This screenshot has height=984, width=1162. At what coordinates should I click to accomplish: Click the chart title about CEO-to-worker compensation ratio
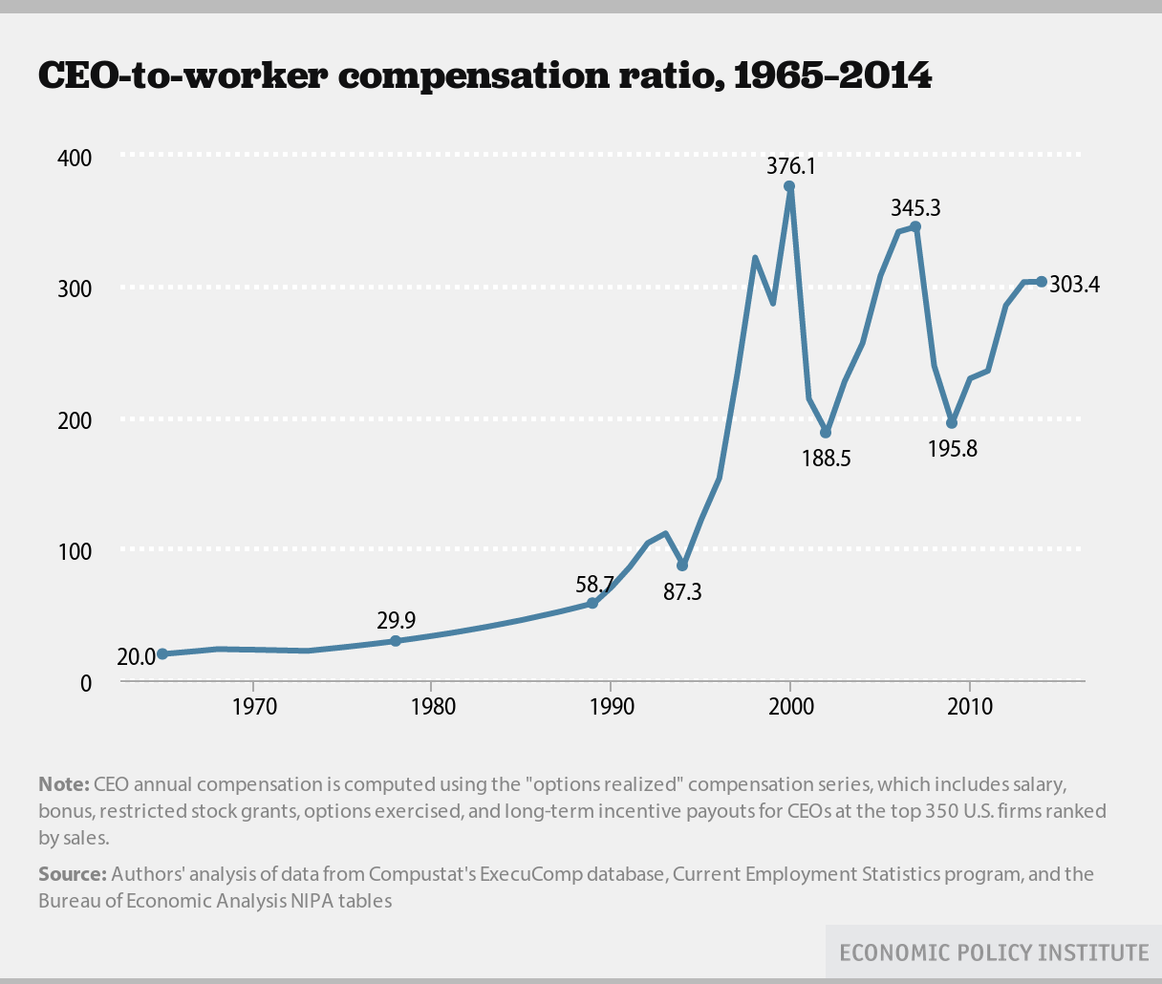click(x=484, y=75)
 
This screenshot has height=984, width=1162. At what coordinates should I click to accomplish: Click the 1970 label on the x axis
click(x=252, y=708)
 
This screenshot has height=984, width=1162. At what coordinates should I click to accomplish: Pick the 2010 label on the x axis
click(x=970, y=708)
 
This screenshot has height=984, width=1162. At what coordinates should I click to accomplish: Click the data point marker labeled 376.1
click(x=789, y=186)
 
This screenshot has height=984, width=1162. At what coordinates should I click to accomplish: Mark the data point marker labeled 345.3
click(x=915, y=226)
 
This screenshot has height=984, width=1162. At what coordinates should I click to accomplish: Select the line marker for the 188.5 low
click(x=826, y=433)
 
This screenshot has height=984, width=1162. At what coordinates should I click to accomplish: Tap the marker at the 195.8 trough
click(x=952, y=423)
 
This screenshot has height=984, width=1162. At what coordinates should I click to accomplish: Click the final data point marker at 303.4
click(x=1042, y=282)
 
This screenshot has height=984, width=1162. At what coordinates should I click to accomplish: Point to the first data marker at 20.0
click(x=162, y=654)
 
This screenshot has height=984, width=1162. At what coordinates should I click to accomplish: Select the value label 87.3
click(x=682, y=592)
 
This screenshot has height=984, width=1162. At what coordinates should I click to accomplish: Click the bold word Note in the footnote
click(x=63, y=785)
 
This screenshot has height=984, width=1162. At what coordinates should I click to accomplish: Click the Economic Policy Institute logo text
click(x=994, y=952)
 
